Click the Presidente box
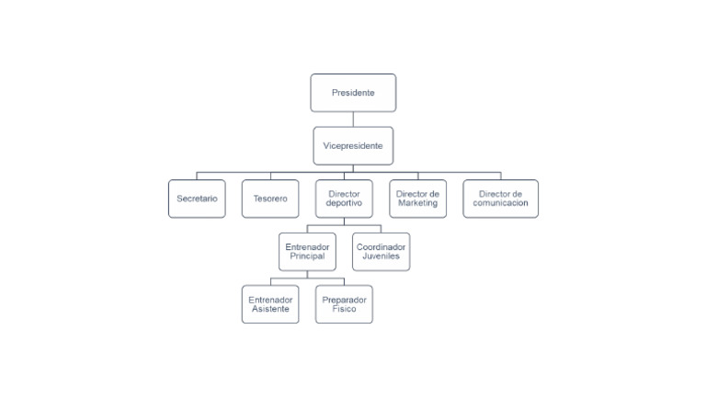(x=353, y=93)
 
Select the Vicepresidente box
(x=353, y=145)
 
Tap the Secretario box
(x=197, y=199)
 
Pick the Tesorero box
(x=270, y=199)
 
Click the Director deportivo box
(x=344, y=199)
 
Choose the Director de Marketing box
(x=417, y=199)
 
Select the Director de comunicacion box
(x=500, y=199)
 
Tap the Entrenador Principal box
(x=307, y=251)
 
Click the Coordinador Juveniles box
(x=381, y=251)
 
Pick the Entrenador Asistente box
(x=270, y=304)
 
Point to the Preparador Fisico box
(x=344, y=304)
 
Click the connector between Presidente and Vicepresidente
(x=353, y=119)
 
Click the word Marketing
(x=417, y=203)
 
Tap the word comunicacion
(x=500, y=203)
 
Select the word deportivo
(x=344, y=203)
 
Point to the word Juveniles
(x=381, y=256)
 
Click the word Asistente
(x=270, y=309)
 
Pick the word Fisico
(x=344, y=309)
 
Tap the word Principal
(x=307, y=256)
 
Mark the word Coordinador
(x=381, y=246)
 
